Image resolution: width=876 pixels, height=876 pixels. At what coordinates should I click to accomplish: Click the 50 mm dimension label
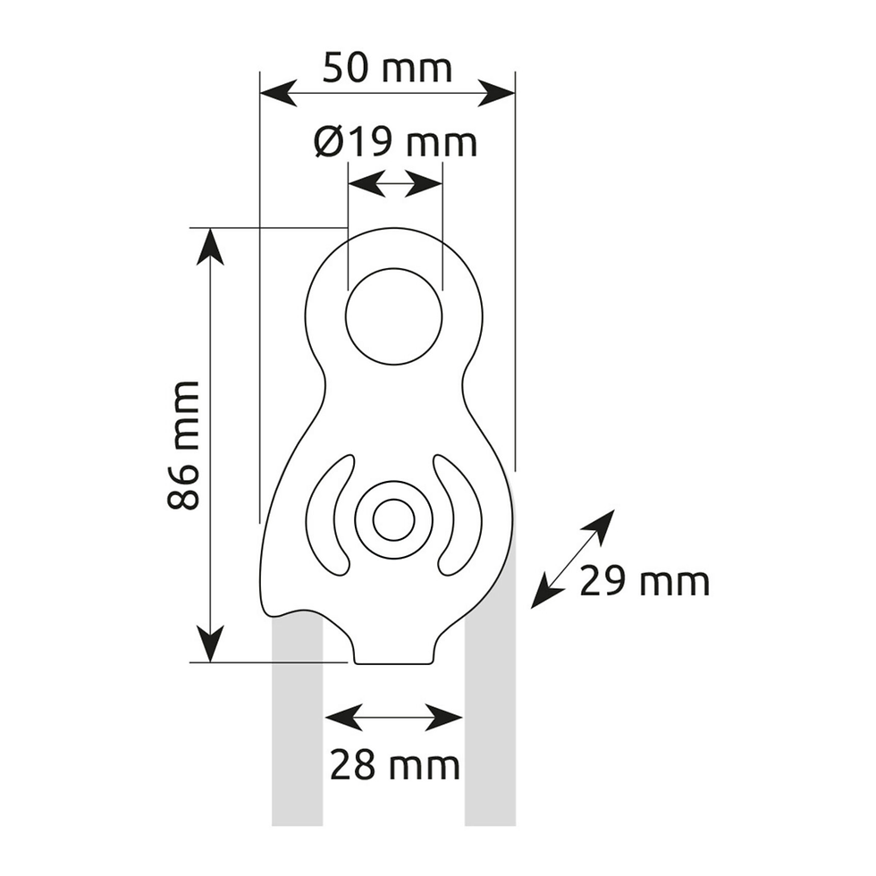(387, 68)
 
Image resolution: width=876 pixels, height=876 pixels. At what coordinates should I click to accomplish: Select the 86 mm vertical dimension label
(183, 445)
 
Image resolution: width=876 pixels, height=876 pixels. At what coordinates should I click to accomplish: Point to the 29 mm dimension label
(644, 582)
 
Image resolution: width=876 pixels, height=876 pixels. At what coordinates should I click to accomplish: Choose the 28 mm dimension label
(395, 765)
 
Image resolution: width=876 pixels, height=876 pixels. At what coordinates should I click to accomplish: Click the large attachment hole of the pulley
(394, 316)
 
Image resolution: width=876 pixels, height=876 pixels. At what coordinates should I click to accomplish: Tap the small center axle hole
(394, 520)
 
